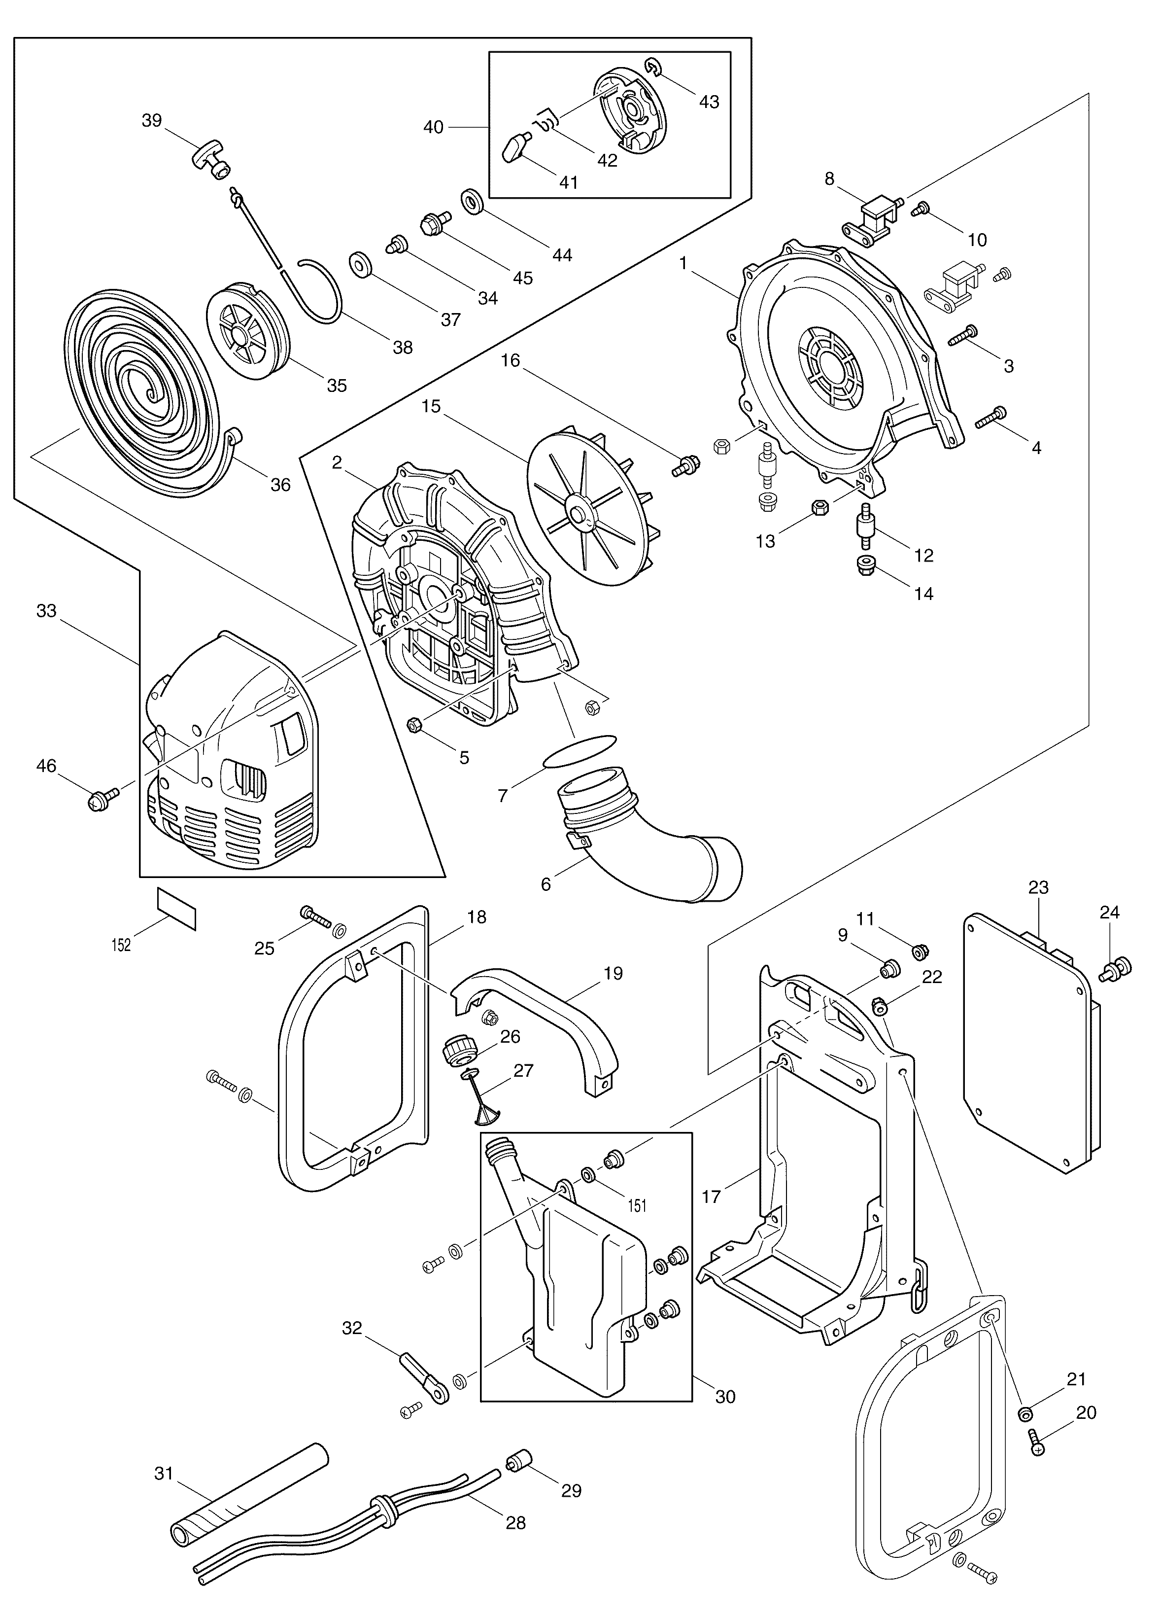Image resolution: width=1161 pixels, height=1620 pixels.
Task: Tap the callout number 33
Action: (46, 611)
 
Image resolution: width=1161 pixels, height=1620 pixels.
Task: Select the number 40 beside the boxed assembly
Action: (434, 127)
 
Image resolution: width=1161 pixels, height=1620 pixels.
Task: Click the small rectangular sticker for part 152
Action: (176, 909)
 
